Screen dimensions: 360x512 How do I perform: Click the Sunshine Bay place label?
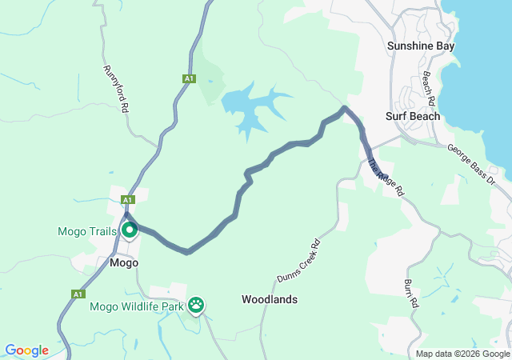coord(420,46)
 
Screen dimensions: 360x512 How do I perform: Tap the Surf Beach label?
coord(413,116)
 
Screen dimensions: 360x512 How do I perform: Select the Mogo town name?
coord(124,262)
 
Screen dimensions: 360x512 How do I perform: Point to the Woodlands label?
coord(270,299)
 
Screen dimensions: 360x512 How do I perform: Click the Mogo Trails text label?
coord(87,232)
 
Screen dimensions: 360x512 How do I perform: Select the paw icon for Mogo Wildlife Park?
coord(196,305)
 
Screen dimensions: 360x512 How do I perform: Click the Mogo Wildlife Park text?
coord(138,306)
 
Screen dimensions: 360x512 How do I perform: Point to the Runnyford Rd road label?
coord(115,88)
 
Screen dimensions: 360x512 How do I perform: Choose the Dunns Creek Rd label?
coord(298,260)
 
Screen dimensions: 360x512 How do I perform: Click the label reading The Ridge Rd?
coord(386,178)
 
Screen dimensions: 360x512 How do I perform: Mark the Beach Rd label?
coord(428,89)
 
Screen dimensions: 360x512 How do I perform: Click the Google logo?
coord(26,350)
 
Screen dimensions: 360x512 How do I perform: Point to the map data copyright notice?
coord(462,354)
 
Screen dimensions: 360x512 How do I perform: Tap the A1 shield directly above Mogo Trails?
coord(127,199)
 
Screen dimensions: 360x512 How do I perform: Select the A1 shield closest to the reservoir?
coord(188,78)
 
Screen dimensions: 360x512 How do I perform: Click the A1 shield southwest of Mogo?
coord(78,294)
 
